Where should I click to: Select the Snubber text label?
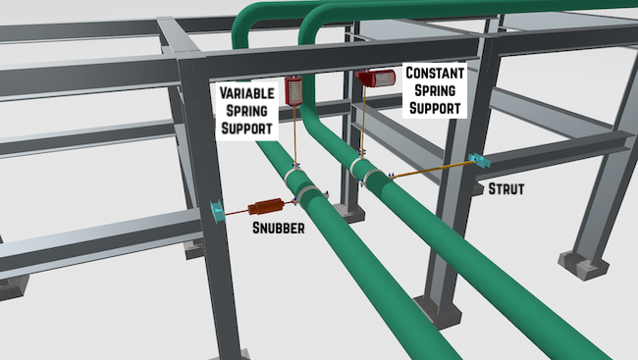276,229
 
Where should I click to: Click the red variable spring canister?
292,90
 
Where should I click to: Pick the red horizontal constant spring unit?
375,77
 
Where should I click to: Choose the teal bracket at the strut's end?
478,159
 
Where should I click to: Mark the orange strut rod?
432,169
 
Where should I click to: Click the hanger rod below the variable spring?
293,137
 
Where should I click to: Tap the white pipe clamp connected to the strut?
374,172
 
